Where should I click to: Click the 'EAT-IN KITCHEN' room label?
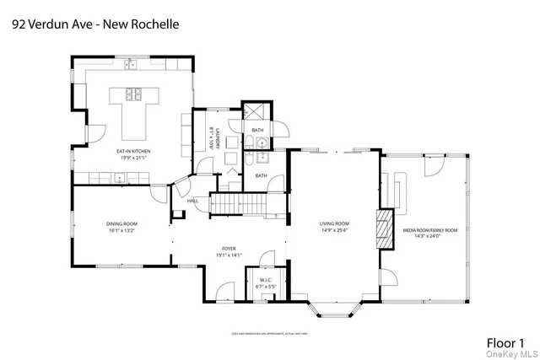pyautogui.click(x=132, y=151)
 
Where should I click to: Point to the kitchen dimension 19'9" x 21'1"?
pyautogui.click(x=132, y=158)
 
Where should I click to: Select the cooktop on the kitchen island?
pyautogui.click(x=133, y=94)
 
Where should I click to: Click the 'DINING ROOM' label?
pyautogui.click(x=117, y=223)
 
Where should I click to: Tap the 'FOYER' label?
pyautogui.click(x=229, y=249)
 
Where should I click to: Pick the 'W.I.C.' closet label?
pyautogui.click(x=267, y=281)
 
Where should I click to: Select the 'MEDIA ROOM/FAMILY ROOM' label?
pyautogui.click(x=429, y=230)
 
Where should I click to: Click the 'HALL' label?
pyautogui.click(x=192, y=201)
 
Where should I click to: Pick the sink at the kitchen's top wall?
pyautogui.click(x=132, y=63)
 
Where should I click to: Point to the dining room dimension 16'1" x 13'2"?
pyautogui.click(x=117, y=230)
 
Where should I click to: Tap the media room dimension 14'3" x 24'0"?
pyautogui.click(x=429, y=237)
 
